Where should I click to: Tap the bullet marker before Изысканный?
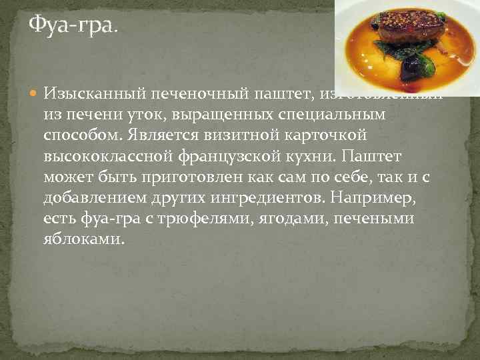tap(35, 93)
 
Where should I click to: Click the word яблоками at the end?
tap(83, 240)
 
